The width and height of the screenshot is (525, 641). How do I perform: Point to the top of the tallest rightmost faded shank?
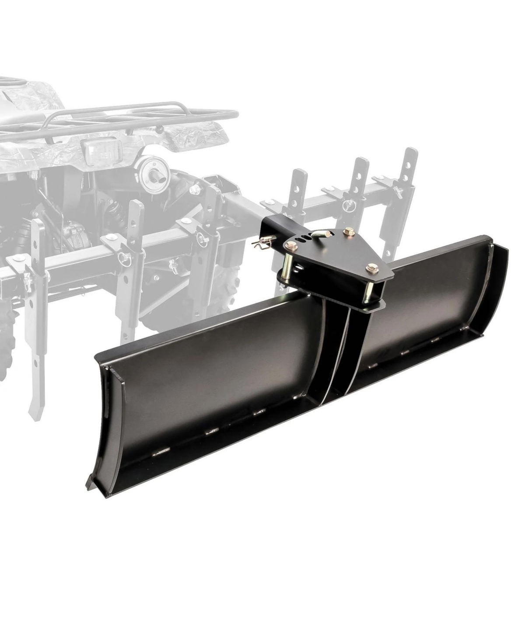410,153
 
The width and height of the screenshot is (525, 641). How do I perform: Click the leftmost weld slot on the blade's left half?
161,451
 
